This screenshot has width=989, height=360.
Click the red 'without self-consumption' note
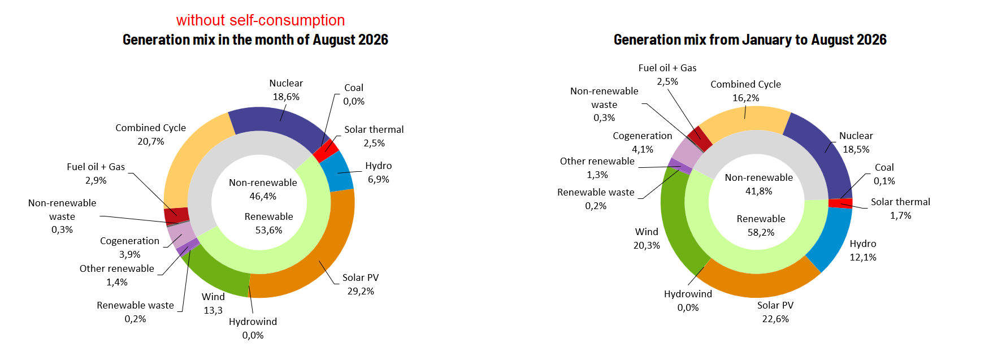coord(261,20)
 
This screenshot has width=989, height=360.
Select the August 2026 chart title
coord(255,40)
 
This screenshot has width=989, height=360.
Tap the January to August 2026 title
coord(750,40)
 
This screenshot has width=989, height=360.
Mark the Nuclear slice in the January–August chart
coord(822,153)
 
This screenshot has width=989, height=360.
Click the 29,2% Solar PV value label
coord(361,291)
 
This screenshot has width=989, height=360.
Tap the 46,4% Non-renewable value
coord(263,196)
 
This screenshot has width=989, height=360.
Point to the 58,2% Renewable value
coord(761,232)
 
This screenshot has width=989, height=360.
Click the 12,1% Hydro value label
coord(863,257)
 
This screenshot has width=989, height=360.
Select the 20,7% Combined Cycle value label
coord(151,141)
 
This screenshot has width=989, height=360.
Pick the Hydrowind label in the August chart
coord(253,322)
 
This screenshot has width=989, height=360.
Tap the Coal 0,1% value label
coord(884,181)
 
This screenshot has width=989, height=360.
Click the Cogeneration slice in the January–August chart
coord(685,151)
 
